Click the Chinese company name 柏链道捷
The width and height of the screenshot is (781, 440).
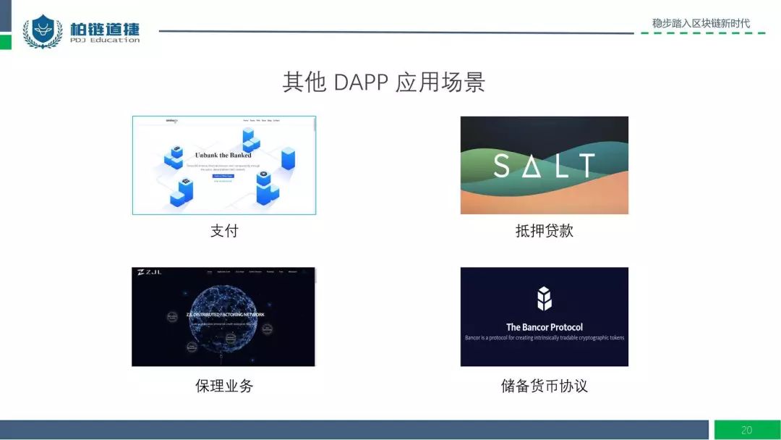point(105,29)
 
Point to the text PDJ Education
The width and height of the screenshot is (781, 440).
point(105,41)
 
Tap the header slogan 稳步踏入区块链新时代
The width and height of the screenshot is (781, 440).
point(701,23)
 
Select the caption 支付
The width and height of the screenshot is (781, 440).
point(224,231)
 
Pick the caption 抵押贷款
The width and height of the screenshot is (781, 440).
point(544,231)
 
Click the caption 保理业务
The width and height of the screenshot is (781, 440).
point(224,386)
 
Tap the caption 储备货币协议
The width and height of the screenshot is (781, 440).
point(544,386)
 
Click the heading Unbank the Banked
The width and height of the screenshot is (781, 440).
point(223,155)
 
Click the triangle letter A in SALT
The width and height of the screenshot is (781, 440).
point(536,166)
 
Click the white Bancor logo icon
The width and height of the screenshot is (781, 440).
point(544,298)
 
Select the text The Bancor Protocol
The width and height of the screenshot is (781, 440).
point(544,327)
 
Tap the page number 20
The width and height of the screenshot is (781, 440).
point(746,430)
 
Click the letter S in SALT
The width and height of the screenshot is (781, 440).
point(501,166)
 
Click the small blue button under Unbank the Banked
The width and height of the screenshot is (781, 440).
point(223,175)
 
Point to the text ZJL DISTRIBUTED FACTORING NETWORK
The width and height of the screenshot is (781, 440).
point(225,315)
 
